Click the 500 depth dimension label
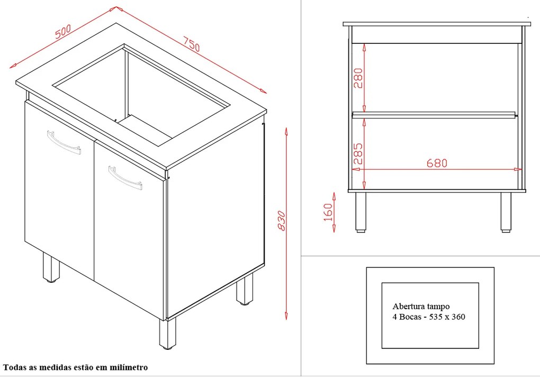point(63,31)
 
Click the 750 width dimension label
point(191,44)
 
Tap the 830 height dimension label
point(281,221)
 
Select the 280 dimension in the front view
point(358,78)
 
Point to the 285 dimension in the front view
point(358,153)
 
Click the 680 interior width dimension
point(437,163)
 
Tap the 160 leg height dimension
point(329,212)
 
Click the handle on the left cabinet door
point(64,142)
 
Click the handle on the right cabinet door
point(125,178)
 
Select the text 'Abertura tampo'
point(421,307)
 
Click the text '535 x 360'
point(447,317)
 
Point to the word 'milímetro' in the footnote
point(129,367)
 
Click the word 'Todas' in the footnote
point(14,367)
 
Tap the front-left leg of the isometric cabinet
point(51,267)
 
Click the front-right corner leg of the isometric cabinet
point(167,333)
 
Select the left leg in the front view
point(361,212)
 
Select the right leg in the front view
point(506,212)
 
